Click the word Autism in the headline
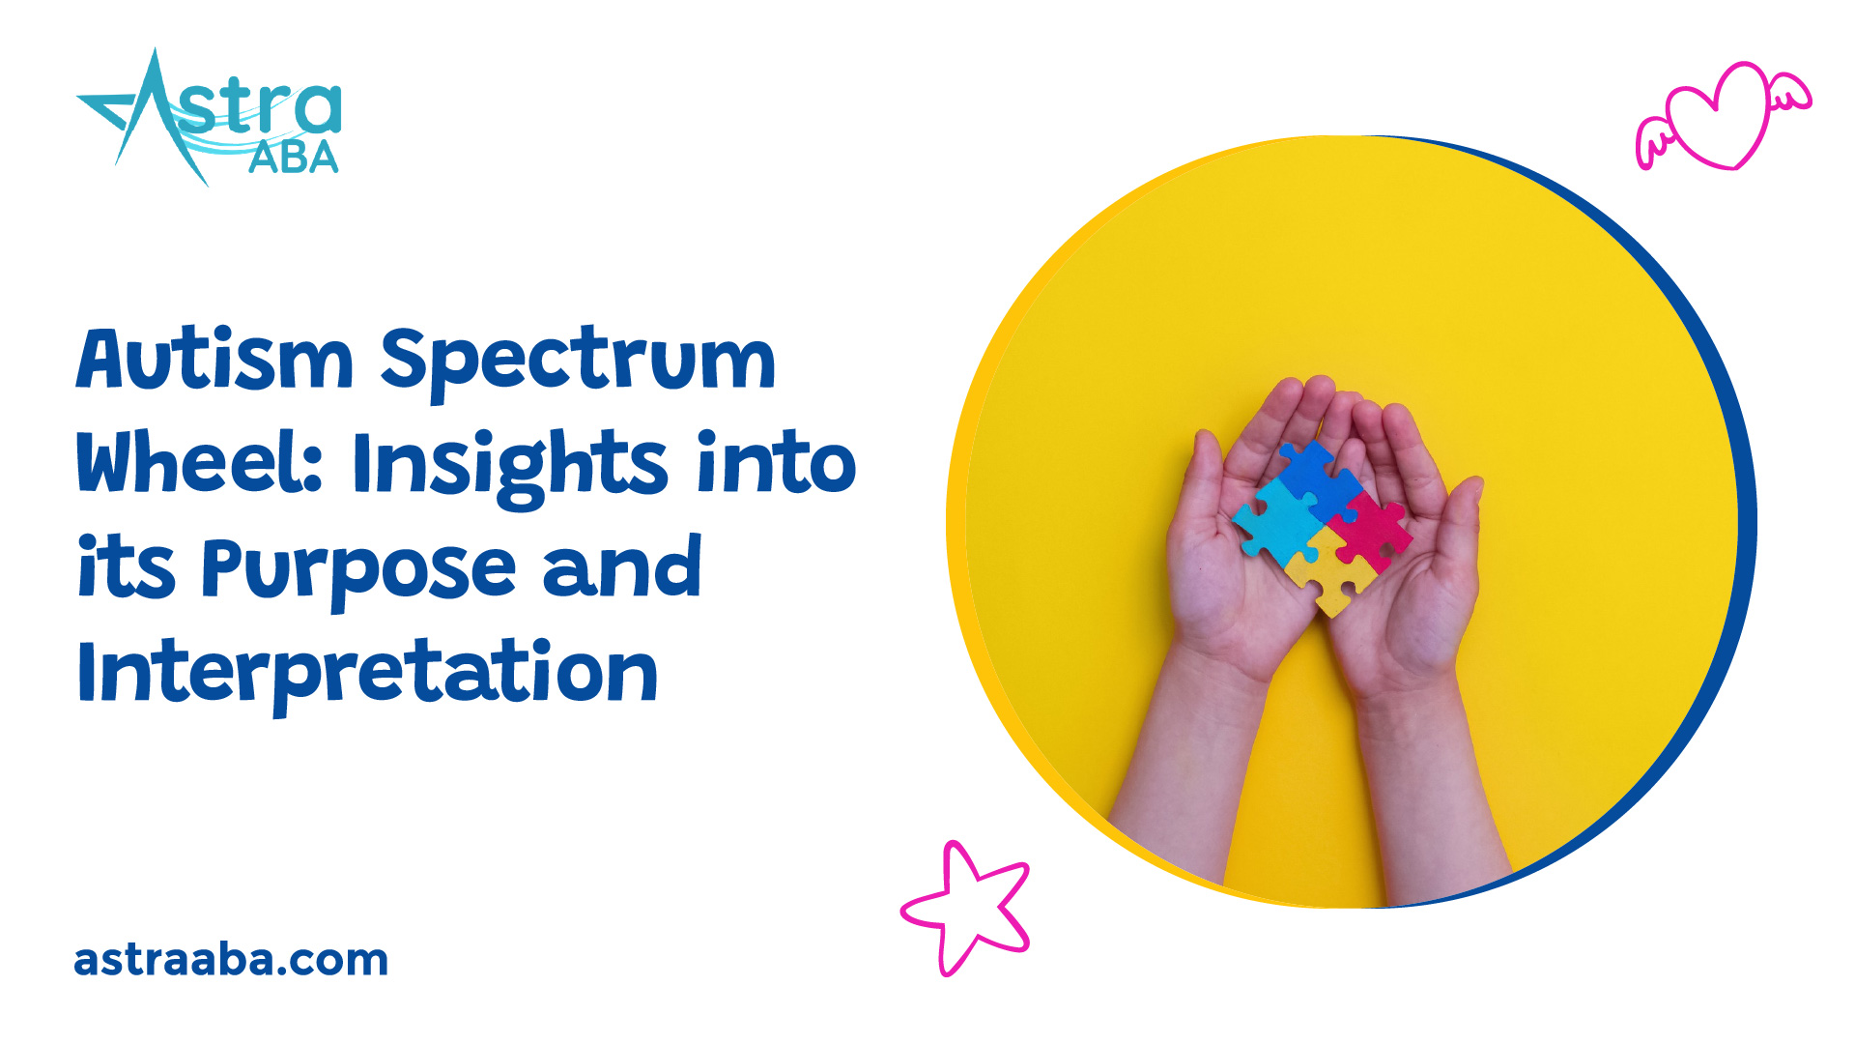point(214,360)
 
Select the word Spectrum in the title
point(578,362)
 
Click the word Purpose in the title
point(358,569)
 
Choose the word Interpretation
point(367,674)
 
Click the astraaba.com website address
point(231,960)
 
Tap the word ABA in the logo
point(293,159)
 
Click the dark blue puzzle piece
point(1320,478)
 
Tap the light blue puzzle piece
point(1275,523)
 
